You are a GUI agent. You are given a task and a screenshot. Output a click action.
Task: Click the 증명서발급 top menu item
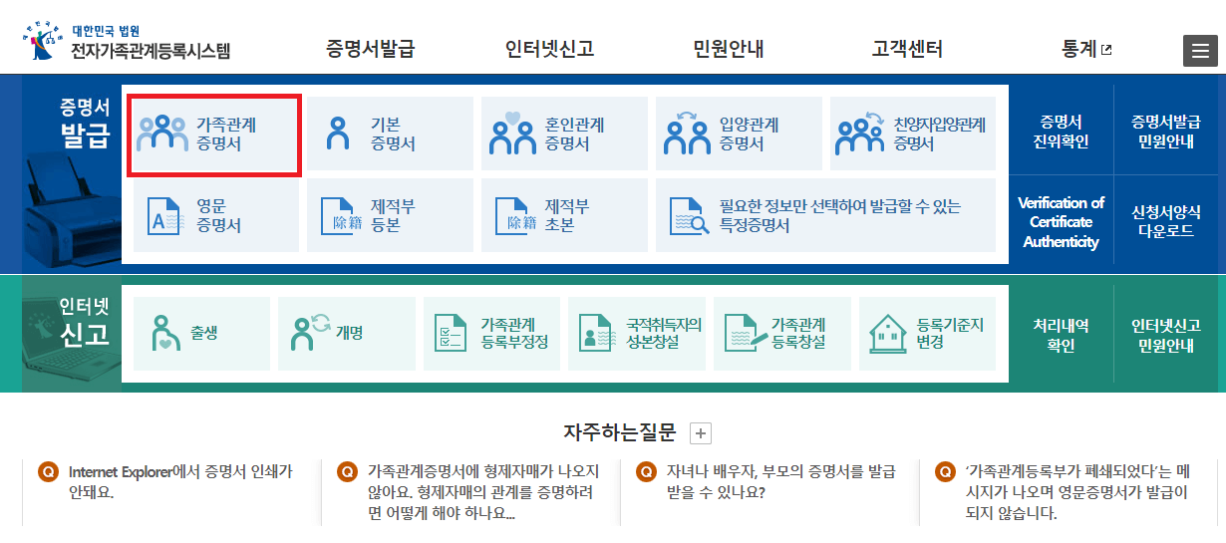(370, 49)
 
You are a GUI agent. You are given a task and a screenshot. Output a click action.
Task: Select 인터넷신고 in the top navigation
(549, 49)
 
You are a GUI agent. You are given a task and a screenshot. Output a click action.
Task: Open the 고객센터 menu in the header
(906, 49)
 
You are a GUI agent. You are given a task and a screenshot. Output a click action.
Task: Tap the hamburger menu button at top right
(1199, 51)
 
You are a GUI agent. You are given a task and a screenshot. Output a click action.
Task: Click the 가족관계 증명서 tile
(216, 135)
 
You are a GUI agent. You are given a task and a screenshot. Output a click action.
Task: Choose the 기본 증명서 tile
(390, 135)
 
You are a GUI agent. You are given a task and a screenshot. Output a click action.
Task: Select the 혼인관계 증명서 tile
(564, 135)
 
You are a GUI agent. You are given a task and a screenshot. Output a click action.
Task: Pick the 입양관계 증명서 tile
(739, 135)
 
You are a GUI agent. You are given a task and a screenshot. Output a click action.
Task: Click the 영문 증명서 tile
(216, 215)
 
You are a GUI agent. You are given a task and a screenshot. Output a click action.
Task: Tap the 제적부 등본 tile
(390, 215)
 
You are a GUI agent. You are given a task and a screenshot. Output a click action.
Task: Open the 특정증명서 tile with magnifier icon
(825, 215)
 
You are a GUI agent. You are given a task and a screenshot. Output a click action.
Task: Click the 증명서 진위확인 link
(1060, 132)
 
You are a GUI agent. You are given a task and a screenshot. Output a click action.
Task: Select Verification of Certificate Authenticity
(1061, 222)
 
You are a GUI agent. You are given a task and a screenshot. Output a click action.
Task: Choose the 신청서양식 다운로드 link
(1166, 221)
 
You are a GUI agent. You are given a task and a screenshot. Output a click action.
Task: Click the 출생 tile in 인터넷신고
(201, 334)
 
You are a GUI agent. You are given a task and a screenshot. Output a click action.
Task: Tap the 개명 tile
(347, 334)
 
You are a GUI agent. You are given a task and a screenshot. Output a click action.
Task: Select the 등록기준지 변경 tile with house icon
(927, 334)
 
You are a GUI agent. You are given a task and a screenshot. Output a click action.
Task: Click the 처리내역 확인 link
(1061, 336)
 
